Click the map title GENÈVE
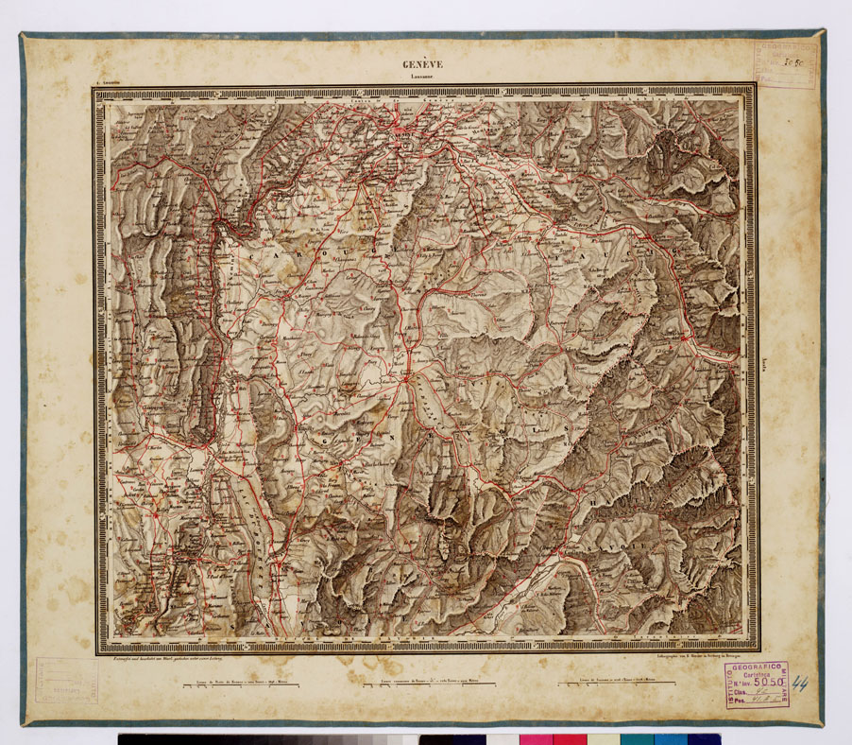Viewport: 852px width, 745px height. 422,64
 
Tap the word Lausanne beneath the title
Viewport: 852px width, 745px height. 422,77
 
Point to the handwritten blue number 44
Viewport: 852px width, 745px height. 801,683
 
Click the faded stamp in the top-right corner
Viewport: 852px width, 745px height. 784,64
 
